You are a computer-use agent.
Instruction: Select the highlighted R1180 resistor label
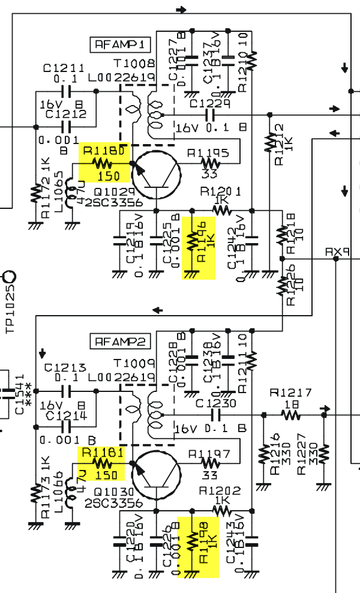105,151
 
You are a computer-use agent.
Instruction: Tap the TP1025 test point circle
10,277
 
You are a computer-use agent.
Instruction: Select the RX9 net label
334,252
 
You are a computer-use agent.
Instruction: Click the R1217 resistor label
290,393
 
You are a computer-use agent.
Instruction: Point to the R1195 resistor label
208,152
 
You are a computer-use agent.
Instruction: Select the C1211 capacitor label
64,68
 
